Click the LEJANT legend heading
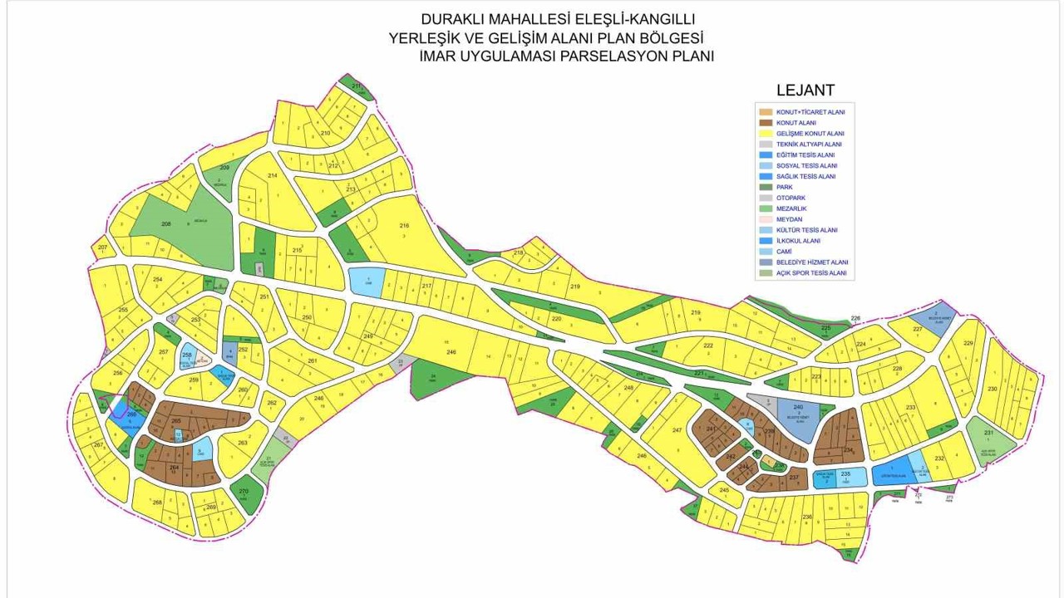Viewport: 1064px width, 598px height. pyautogui.click(x=805, y=91)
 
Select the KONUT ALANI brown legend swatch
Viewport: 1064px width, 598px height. pyautogui.click(x=766, y=123)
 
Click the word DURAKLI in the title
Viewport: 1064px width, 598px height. pyautogui.click(x=456, y=18)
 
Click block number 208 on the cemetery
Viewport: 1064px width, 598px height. pyautogui.click(x=166, y=224)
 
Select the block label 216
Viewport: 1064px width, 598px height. pyautogui.click(x=405, y=226)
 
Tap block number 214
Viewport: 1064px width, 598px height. pyautogui.click(x=272, y=176)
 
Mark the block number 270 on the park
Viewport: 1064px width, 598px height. pyautogui.click(x=244, y=492)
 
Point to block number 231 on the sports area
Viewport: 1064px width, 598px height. pyautogui.click(x=988, y=434)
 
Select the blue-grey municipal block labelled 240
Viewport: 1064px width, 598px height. pyautogui.click(x=799, y=407)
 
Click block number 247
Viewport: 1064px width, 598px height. pyautogui.click(x=677, y=429)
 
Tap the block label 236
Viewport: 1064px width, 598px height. pyautogui.click(x=807, y=517)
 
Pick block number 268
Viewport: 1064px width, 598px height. pyautogui.click(x=157, y=502)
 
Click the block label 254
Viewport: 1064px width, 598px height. pyautogui.click(x=157, y=279)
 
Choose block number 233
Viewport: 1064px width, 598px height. pyautogui.click(x=911, y=407)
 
